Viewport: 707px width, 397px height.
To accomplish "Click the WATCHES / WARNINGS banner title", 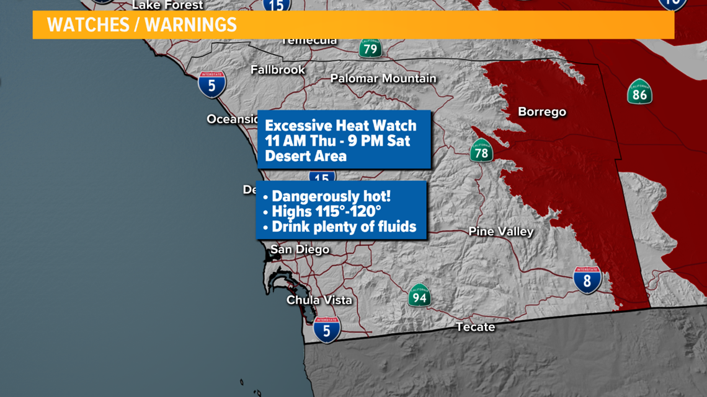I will pos(142,25).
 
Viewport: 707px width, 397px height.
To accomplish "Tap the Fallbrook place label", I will pos(278,69).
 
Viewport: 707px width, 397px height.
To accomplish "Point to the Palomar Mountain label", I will pos(383,79).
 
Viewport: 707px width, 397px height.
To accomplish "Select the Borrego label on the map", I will pos(542,112).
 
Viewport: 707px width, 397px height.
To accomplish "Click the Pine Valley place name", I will pos(501,232).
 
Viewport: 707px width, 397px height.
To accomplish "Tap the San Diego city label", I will pos(300,250).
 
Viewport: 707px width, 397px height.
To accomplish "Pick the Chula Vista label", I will pos(319,300).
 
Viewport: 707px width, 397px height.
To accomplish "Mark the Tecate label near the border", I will pos(475,326).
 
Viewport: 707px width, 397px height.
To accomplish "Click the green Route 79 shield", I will pos(370,48).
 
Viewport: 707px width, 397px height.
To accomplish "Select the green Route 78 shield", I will pos(481,151).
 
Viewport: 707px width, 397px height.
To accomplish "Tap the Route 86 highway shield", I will pos(639,92).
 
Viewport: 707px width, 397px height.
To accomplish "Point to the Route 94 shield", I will pos(419,295).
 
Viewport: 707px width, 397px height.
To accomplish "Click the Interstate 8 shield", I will pos(587,280).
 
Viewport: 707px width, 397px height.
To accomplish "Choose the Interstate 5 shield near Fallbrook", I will pos(212,84).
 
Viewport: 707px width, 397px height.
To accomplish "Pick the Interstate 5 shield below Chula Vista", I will pos(327,329).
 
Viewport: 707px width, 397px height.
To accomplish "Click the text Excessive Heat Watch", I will pos(340,126).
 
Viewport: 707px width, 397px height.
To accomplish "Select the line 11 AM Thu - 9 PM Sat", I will pos(337,141).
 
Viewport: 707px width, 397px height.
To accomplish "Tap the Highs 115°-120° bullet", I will pos(326,212).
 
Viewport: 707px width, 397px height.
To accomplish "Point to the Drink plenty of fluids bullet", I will pos(344,227).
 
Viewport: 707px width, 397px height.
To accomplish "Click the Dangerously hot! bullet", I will pos(331,196).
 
